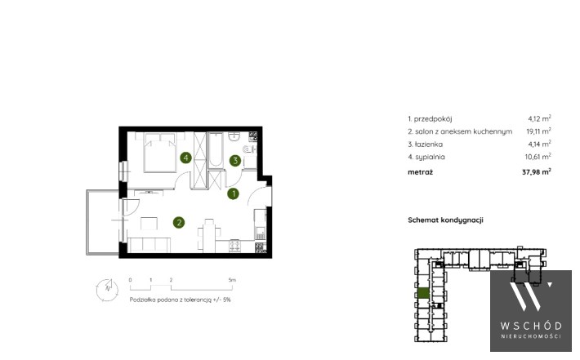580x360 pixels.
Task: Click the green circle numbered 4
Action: tap(185, 158)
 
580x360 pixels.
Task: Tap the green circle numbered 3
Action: tap(235, 161)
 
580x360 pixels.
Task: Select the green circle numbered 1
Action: tap(233, 193)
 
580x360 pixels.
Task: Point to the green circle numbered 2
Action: tap(179, 222)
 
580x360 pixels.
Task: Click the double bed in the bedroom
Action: tap(159, 153)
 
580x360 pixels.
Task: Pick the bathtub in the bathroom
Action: tap(216, 150)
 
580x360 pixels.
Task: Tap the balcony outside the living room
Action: tap(102, 222)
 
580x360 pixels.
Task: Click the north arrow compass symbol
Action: tap(108, 290)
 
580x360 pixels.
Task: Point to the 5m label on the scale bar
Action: tap(232, 280)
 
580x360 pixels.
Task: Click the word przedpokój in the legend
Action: tap(433, 118)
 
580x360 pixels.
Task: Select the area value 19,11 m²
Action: tap(538, 131)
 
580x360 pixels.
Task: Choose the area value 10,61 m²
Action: tap(538, 157)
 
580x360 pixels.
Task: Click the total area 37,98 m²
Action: tap(537, 172)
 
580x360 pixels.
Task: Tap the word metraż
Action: tap(420, 172)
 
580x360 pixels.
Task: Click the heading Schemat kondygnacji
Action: tap(445, 220)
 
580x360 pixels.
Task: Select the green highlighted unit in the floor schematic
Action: tap(423, 293)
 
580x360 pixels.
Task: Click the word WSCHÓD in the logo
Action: tap(531, 326)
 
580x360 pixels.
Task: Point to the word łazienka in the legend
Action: tap(429, 144)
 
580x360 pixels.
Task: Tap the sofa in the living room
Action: tap(149, 245)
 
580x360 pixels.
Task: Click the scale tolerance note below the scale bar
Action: tap(181, 300)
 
